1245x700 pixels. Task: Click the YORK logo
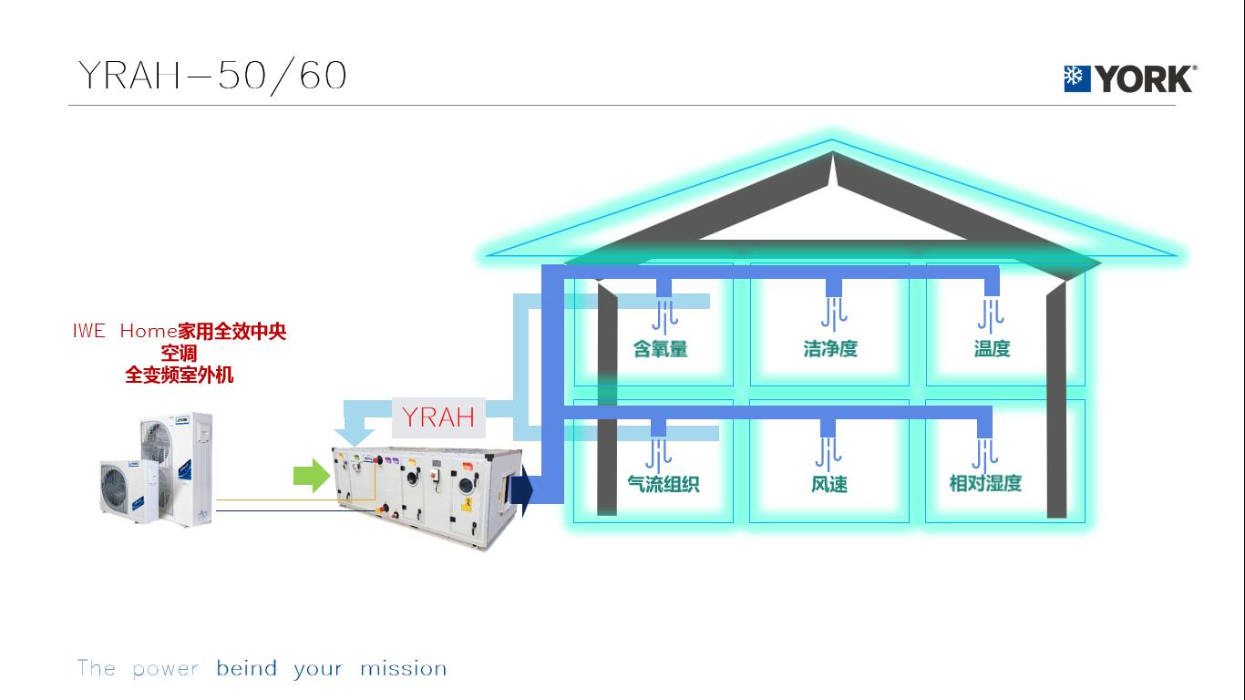(1129, 79)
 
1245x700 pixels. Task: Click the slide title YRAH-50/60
(212, 75)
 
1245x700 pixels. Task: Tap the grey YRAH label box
(438, 417)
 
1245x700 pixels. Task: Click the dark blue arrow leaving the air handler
(521, 489)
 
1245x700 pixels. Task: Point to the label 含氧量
(661, 348)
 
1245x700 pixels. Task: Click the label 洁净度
(830, 348)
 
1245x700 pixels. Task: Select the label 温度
(992, 348)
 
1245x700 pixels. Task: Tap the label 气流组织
(663, 484)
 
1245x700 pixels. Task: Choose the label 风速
(829, 484)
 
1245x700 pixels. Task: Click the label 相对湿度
(985, 483)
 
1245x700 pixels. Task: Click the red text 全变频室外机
(180, 375)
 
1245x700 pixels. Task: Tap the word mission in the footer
(403, 669)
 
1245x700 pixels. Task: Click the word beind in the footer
(246, 669)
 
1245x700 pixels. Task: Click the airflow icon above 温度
(991, 314)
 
